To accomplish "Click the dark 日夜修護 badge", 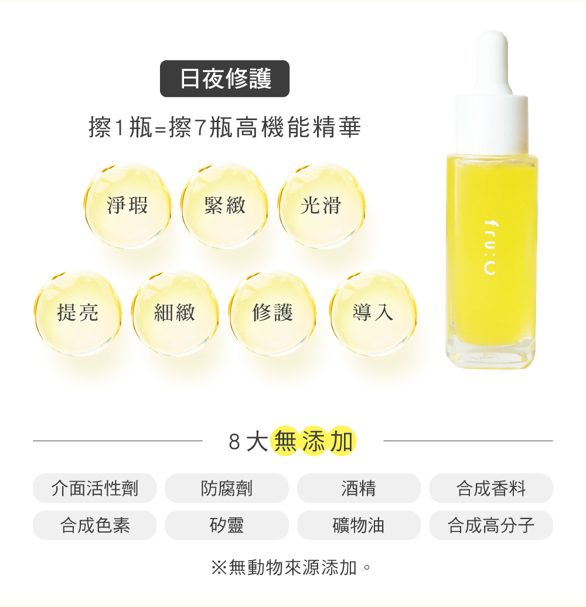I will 225,79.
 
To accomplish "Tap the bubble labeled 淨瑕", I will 128,206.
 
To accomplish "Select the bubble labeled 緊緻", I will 224,206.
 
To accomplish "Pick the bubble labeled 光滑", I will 321,206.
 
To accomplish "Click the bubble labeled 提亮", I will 78,313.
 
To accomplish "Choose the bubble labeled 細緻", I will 175,313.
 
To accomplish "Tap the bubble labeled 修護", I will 273,313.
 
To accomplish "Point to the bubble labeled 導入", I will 373,313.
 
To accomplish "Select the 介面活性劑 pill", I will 95,488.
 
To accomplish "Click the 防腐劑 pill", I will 227,488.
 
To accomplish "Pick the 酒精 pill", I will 359,488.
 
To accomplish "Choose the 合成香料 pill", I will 491,488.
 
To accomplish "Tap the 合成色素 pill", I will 95,525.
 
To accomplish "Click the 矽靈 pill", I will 227,525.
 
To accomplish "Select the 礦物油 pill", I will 359,525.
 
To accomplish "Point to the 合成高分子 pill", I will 491,525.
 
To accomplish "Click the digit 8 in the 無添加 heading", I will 234,442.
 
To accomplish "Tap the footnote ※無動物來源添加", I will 291,567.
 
